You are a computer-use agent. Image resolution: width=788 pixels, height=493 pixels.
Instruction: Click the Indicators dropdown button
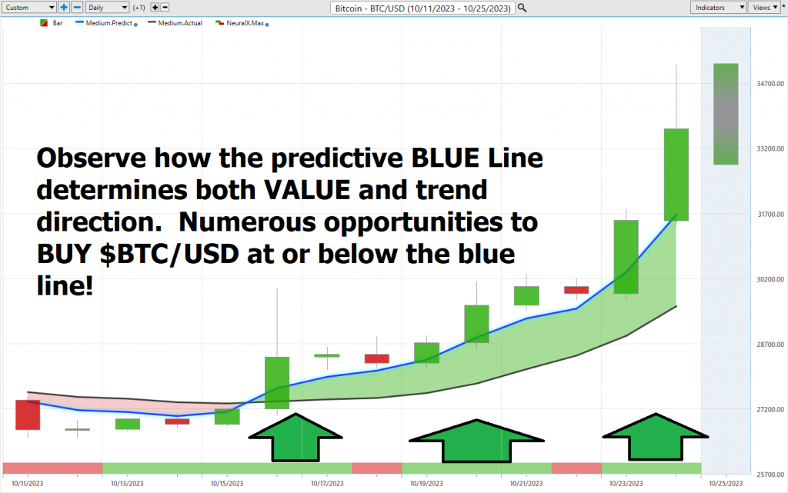pyautogui.click(x=718, y=8)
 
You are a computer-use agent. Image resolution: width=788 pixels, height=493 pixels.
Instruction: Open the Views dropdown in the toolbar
pyautogui.click(x=765, y=8)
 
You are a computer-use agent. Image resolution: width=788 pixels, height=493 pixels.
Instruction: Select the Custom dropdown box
pyautogui.click(x=28, y=8)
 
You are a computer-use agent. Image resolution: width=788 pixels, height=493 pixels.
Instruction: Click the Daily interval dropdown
pyautogui.click(x=107, y=8)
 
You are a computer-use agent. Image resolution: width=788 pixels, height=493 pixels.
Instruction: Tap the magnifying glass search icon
pyautogui.click(x=523, y=8)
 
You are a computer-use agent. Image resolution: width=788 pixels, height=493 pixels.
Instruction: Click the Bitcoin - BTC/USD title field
pyautogui.click(x=422, y=8)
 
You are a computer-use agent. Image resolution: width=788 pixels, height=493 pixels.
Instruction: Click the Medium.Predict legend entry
pyautogui.click(x=106, y=23)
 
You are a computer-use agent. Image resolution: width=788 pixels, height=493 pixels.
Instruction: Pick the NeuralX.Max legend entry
pyautogui.click(x=242, y=23)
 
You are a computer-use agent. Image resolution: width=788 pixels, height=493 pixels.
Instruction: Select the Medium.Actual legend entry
pyautogui.click(x=175, y=23)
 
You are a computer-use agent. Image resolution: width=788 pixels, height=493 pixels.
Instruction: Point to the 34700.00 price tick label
pyautogui.click(x=770, y=83)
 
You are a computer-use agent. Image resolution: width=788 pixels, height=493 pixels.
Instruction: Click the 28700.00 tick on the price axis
pyautogui.click(x=770, y=345)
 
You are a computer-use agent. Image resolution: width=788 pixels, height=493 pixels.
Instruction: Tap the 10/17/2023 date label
pyautogui.click(x=327, y=484)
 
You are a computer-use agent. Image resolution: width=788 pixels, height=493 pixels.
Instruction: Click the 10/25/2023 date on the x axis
pyautogui.click(x=726, y=484)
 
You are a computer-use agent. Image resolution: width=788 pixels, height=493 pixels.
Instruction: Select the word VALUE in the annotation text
pyautogui.click(x=306, y=190)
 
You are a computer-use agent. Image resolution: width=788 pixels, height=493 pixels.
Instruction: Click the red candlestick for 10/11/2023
pyautogui.click(x=28, y=415)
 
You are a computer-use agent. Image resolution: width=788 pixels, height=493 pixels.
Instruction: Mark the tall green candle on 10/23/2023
pyautogui.click(x=626, y=257)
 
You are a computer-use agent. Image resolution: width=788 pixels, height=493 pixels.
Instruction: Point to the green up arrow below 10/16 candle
pyautogui.click(x=295, y=437)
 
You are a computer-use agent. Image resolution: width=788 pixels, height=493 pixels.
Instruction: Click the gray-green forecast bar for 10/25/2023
pyautogui.click(x=726, y=114)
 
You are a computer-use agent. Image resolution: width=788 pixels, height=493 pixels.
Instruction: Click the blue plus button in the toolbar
pyautogui.click(x=64, y=8)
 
